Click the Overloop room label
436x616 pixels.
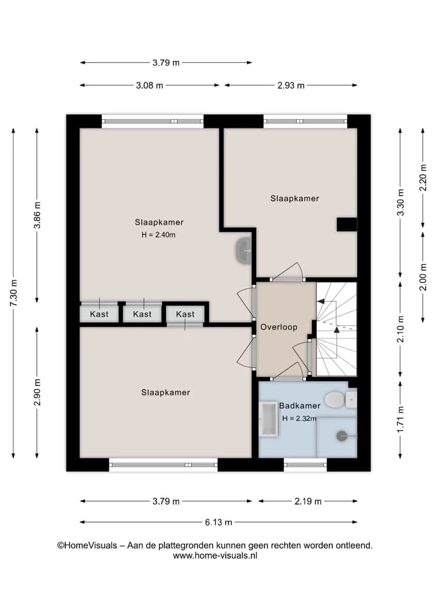279,327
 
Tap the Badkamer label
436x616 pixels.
300,405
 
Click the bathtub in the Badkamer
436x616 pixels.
269,419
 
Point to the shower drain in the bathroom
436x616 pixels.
342,436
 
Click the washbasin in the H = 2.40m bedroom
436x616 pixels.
243,250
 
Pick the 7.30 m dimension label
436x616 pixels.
13,293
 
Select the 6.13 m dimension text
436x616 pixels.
219,522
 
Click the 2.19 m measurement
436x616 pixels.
308,501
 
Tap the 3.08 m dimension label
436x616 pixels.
149,85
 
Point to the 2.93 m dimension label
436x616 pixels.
291,85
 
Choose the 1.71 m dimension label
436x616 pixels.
400,419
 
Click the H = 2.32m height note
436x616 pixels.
299,419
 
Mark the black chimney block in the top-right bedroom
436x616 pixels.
347,224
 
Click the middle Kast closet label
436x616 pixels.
142,314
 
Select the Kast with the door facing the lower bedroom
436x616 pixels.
185,314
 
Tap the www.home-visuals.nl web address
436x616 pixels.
215,555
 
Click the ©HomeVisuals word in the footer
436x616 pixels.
87,545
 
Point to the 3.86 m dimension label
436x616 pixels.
37,215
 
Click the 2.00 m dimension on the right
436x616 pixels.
423,277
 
